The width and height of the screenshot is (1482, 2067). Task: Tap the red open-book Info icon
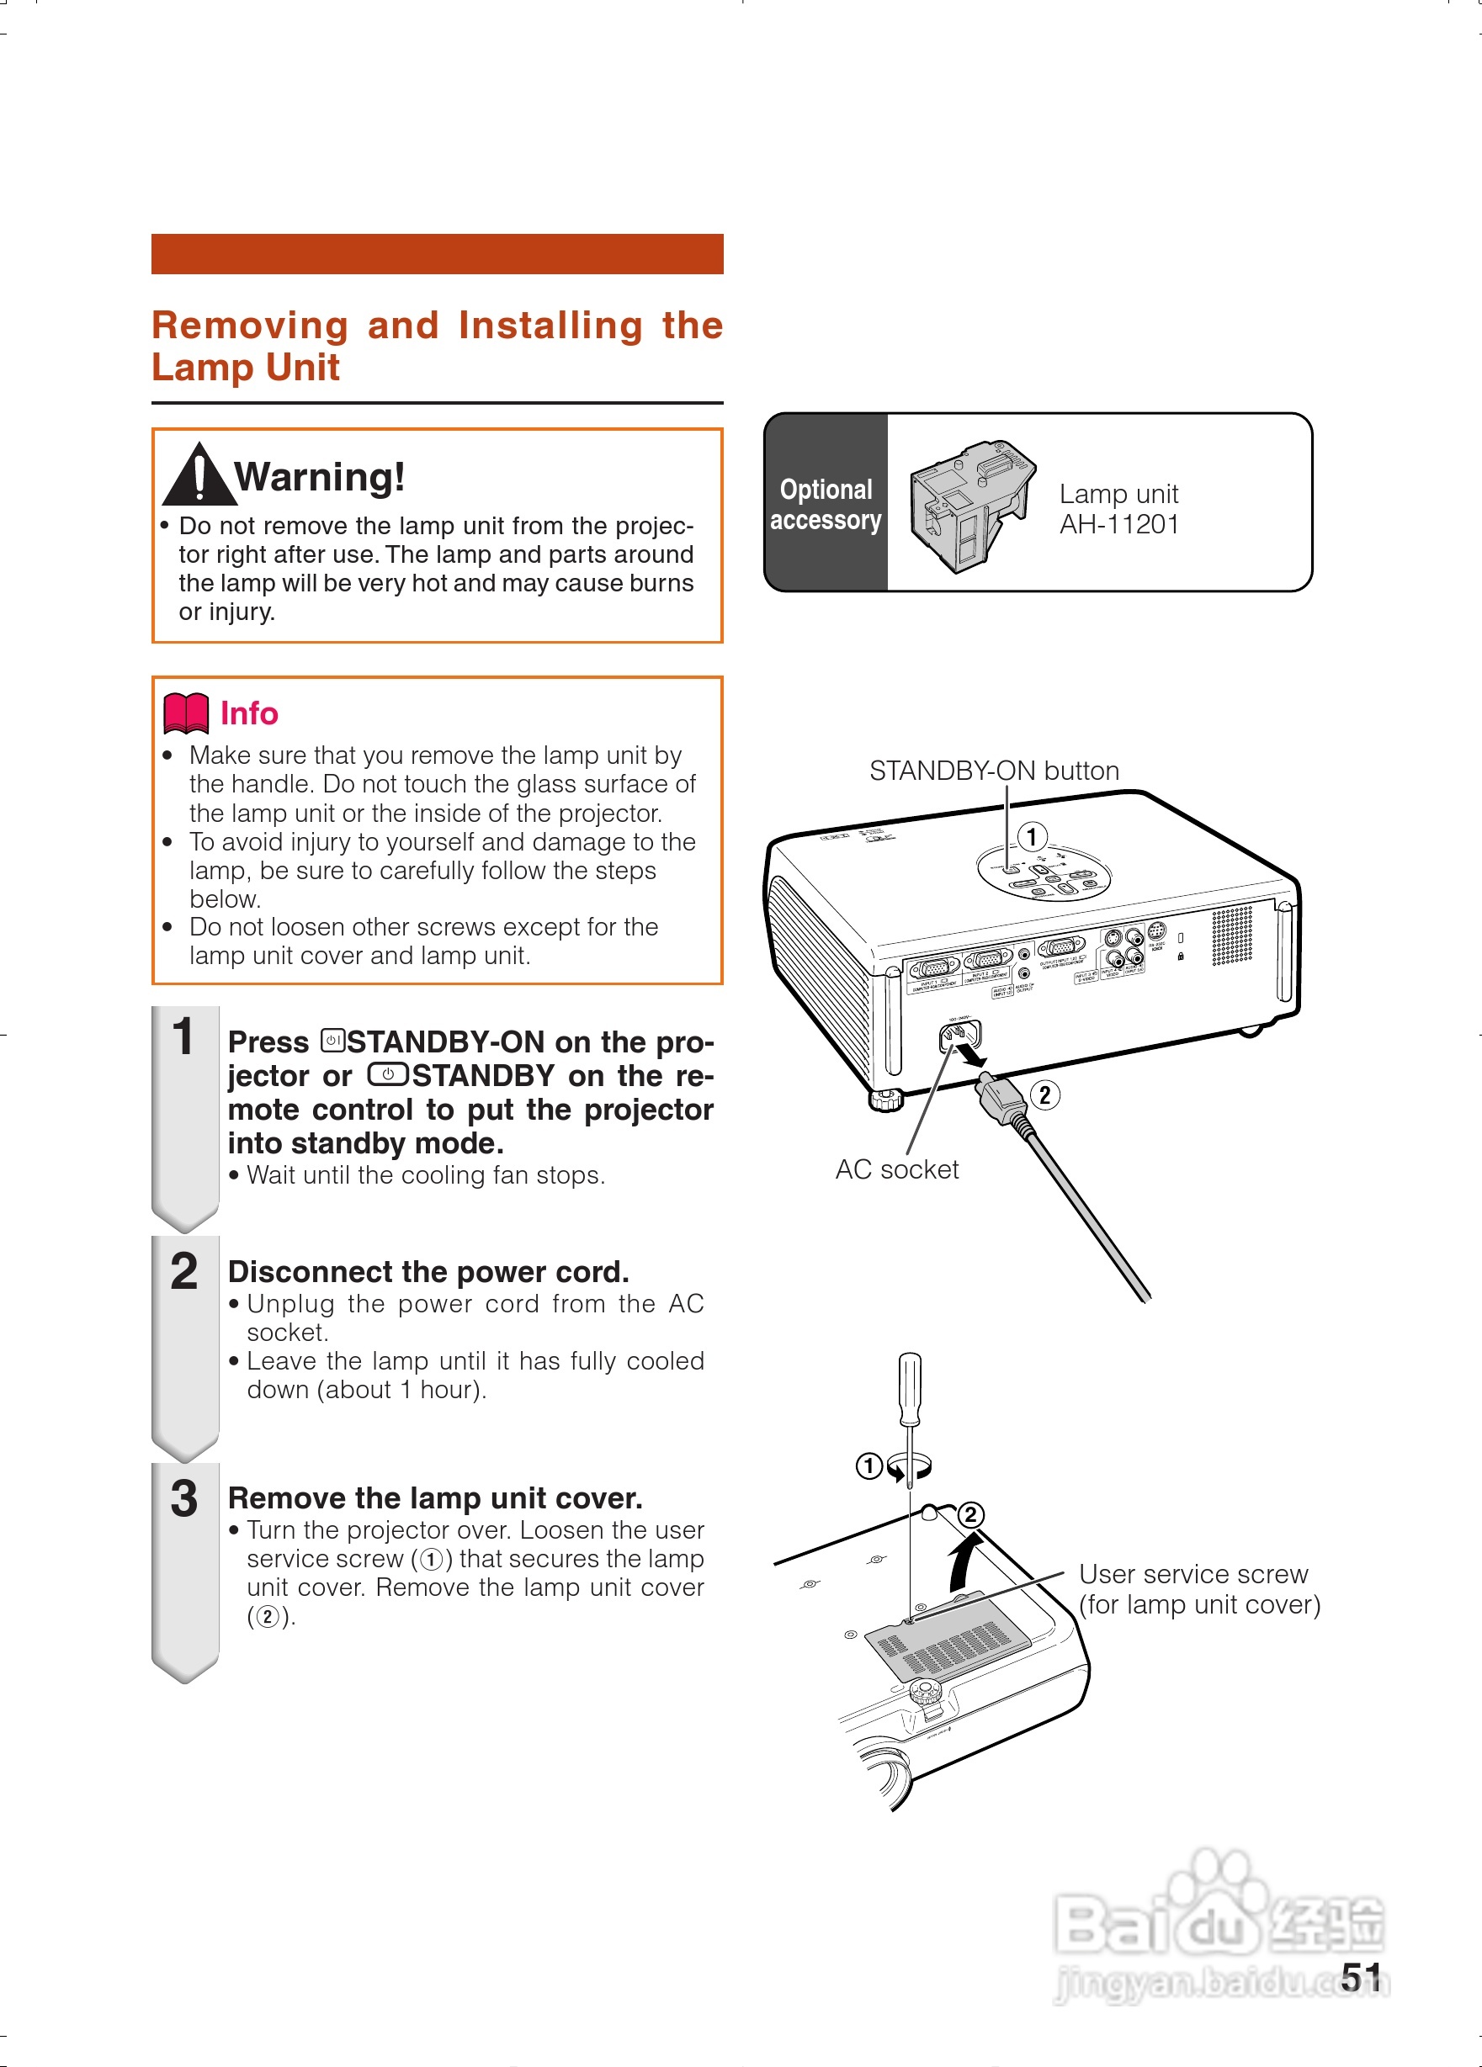pos(186,713)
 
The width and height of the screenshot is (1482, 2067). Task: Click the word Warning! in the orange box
pos(319,477)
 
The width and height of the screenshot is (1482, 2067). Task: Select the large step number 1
pos(184,1037)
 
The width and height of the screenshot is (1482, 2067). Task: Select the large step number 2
pos(184,1271)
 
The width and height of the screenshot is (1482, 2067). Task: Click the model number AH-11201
pos(1118,525)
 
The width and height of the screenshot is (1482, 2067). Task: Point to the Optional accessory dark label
pos(826,504)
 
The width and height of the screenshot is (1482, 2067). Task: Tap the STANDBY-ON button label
pos(993,771)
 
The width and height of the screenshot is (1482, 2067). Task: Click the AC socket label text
pos(897,1169)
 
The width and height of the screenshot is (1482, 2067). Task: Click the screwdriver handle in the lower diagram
pos(910,1388)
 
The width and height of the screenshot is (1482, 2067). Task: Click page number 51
pos(1361,1978)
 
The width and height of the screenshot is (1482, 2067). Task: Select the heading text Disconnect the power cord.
pos(428,1271)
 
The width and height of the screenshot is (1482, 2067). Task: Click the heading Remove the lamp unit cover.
pos(435,1498)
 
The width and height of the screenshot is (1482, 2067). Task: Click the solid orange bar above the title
pos(437,253)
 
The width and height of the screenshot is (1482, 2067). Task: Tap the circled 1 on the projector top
pos(1031,835)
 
